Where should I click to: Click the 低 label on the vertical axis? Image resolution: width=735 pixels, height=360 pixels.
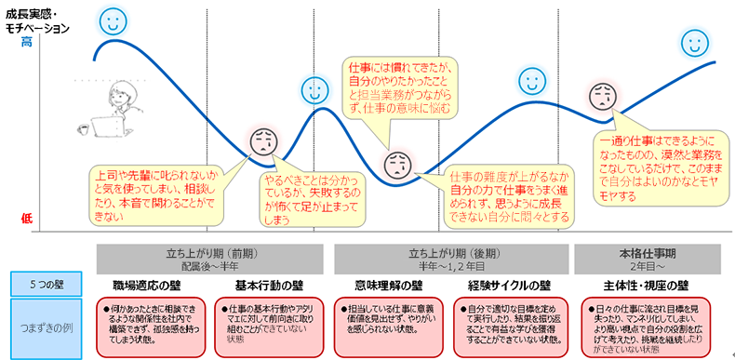(x=27, y=219)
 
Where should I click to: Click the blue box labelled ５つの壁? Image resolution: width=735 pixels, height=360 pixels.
(x=47, y=285)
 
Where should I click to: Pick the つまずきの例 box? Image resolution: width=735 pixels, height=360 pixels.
(x=47, y=327)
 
